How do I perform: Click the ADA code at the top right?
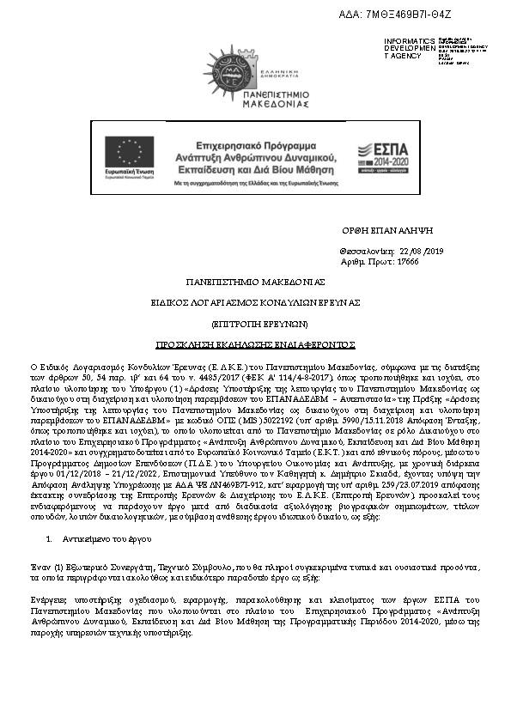[432, 15]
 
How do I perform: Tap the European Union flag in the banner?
[129, 152]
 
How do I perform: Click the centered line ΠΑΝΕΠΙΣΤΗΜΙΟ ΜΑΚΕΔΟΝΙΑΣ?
[255, 283]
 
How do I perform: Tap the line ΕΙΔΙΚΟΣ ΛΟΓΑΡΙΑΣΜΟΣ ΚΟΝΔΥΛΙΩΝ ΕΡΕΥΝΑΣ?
[255, 303]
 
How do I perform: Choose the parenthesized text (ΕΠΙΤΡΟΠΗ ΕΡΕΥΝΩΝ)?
[255, 324]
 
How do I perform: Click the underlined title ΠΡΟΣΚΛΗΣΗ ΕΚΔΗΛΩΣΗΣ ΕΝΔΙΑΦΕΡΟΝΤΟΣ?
[255, 343]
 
